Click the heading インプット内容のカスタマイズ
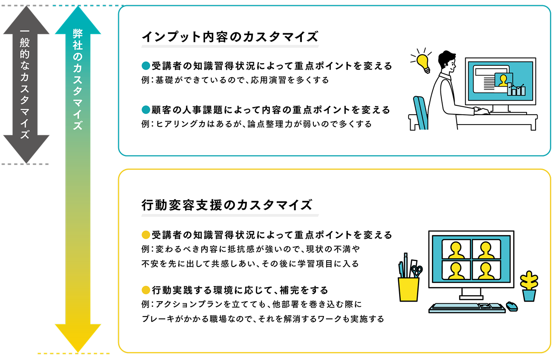(x=230, y=37)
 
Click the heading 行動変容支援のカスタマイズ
(x=227, y=205)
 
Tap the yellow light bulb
(x=423, y=63)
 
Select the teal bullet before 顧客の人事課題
(x=146, y=110)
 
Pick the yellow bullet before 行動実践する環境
(x=146, y=290)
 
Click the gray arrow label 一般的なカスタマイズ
(x=25, y=84)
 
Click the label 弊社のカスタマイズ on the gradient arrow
(x=78, y=79)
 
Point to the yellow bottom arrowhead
(x=78, y=338)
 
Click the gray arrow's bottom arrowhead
(x=26, y=149)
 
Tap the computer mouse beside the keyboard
(x=512, y=306)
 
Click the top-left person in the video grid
(x=456, y=250)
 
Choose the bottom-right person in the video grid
(x=486, y=270)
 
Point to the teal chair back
(x=420, y=113)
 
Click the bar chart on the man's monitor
(x=516, y=90)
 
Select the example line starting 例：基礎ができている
(x=235, y=80)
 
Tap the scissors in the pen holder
(x=417, y=271)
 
